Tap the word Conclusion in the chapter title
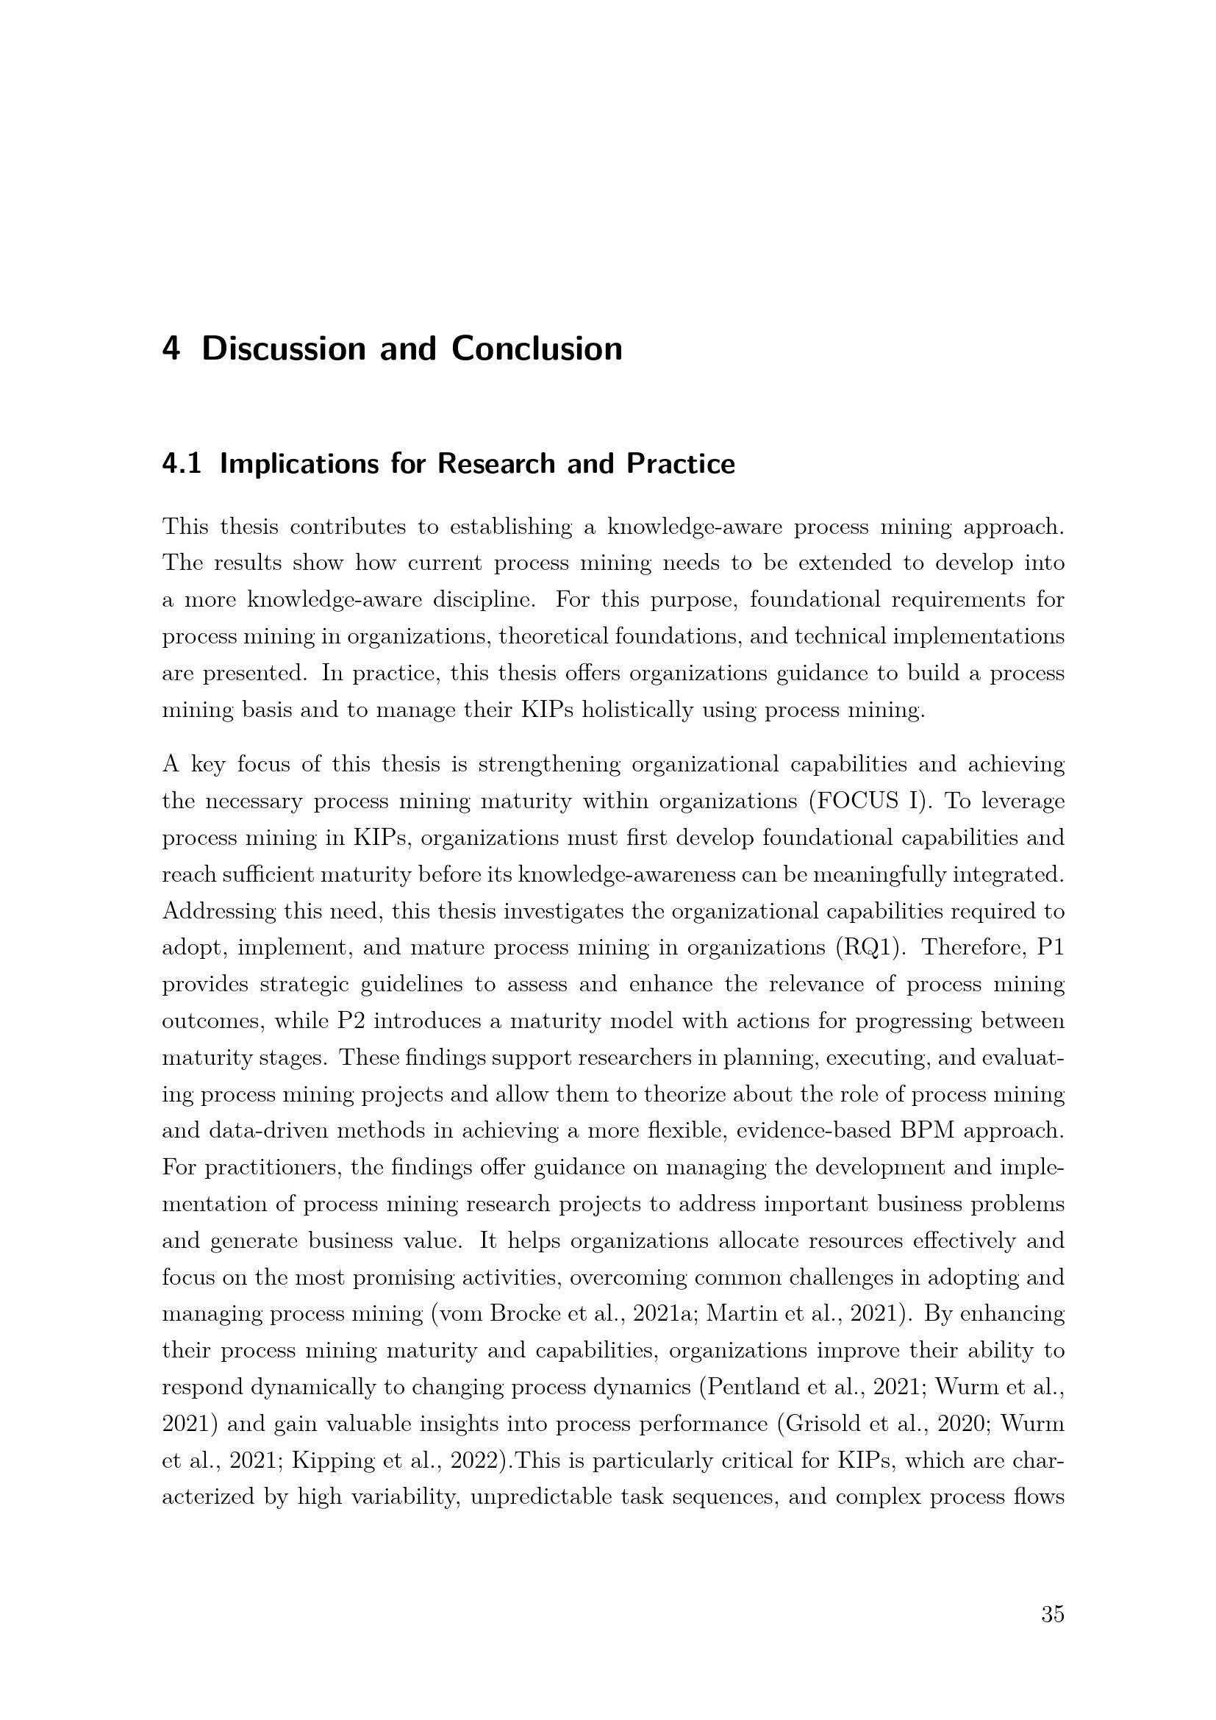point(537,349)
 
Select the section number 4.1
point(181,465)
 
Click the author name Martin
point(734,1314)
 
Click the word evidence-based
point(814,1131)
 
